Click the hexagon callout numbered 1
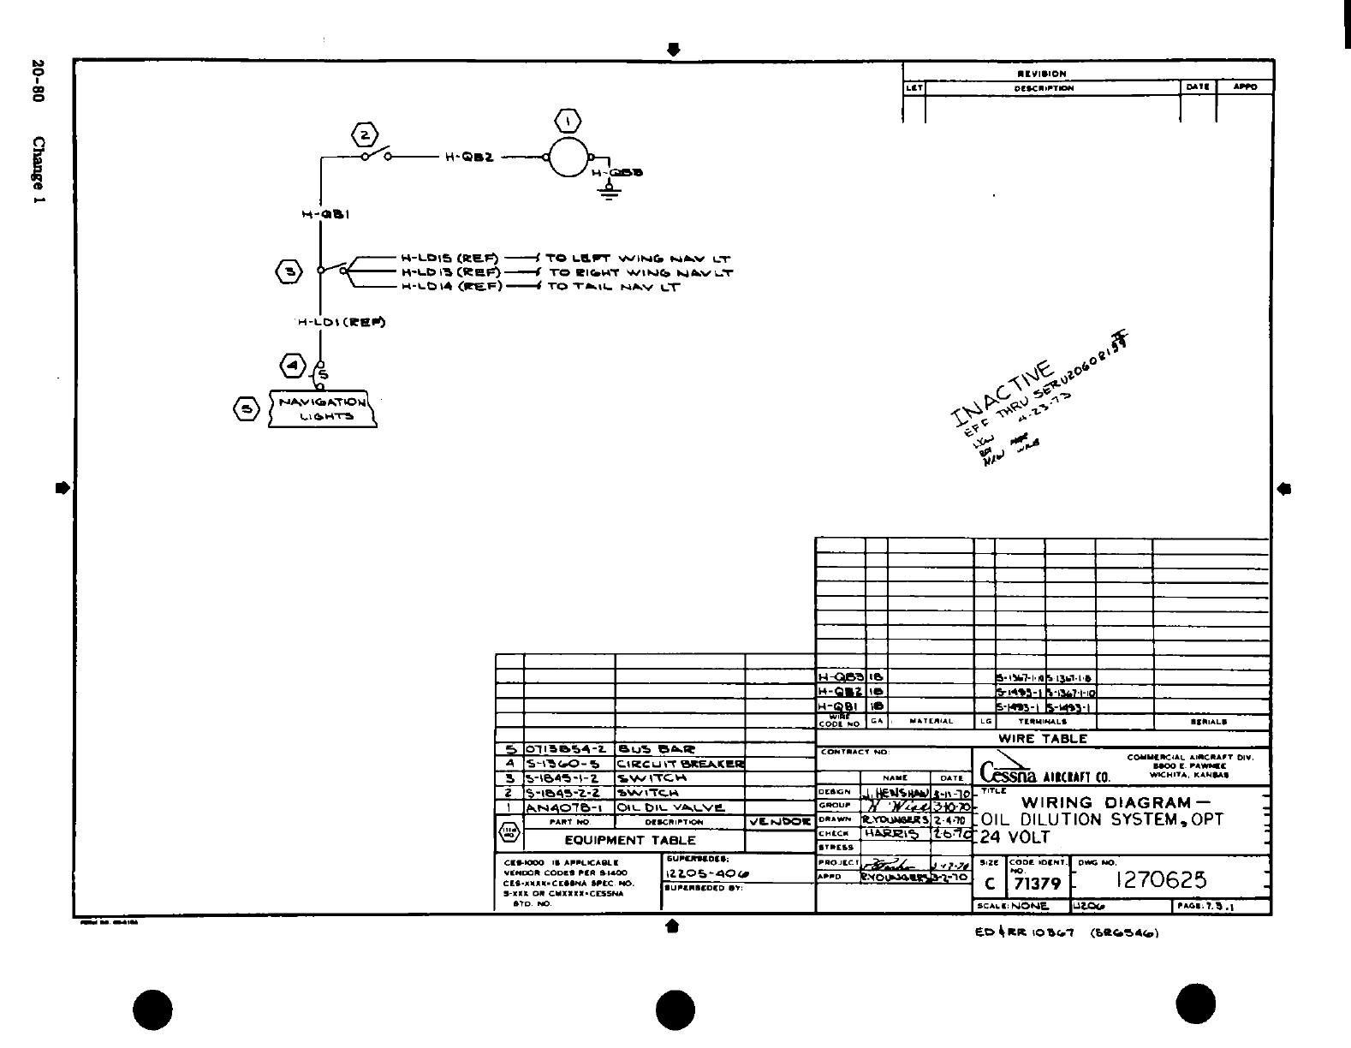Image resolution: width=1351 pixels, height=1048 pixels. (569, 120)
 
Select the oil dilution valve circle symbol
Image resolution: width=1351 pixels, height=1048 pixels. (568, 157)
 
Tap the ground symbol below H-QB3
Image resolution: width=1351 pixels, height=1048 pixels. (610, 191)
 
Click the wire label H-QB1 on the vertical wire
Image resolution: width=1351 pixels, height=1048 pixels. (324, 216)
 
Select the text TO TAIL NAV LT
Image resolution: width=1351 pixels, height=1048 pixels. (613, 287)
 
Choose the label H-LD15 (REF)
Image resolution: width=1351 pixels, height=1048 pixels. (449, 258)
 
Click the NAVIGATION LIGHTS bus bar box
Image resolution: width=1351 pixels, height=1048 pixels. (322, 408)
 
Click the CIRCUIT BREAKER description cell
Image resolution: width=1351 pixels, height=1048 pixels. (680, 764)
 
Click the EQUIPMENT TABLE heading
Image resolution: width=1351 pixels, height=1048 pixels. (629, 840)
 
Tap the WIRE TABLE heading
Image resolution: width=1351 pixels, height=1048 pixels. (1042, 738)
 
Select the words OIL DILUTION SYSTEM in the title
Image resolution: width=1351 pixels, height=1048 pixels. (1089, 819)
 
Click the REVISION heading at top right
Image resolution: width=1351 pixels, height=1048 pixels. (1041, 74)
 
